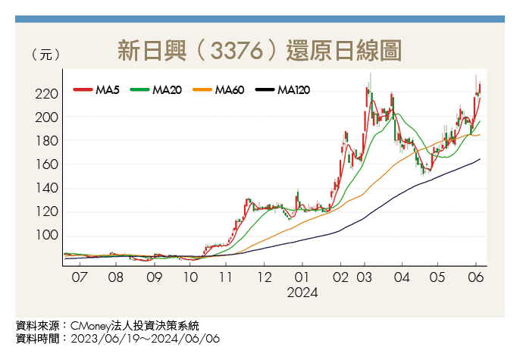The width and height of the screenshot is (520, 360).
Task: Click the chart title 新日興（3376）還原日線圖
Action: pyautogui.click(x=259, y=51)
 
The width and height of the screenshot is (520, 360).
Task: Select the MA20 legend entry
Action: pyautogui.click(x=157, y=90)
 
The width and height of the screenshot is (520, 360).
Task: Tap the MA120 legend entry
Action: pyautogui.click(x=283, y=90)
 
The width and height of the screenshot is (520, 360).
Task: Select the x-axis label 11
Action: pyautogui.click(x=226, y=277)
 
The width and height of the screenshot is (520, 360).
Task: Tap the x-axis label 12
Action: pyautogui.click(x=263, y=277)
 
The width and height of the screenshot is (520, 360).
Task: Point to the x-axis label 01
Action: pyautogui.click(x=302, y=277)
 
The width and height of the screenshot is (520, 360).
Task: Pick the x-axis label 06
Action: pyautogui.click(x=476, y=277)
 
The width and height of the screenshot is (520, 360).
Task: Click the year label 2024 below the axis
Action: pyautogui.click(x=302, y=292)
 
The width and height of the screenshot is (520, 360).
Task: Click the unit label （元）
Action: pyautogui.click(x=42, y=55)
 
